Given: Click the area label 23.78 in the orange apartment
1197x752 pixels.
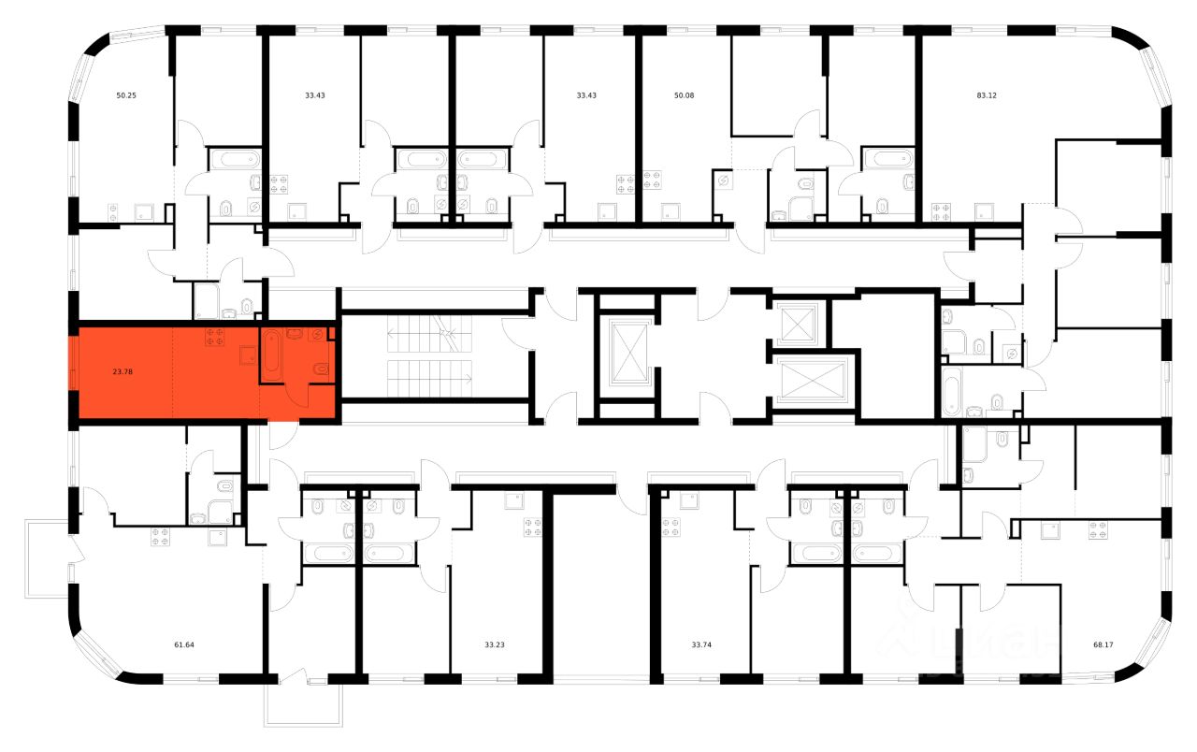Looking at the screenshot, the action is click(x=123, y=372).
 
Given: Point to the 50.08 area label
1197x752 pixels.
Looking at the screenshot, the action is click(x=684, y=95).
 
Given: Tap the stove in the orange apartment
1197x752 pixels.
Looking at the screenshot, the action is click(x=214, y=337).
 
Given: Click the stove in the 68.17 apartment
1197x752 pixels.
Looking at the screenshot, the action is click(x=1098, y=532).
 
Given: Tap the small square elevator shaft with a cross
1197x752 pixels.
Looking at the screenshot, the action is click(x=798, y=325).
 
